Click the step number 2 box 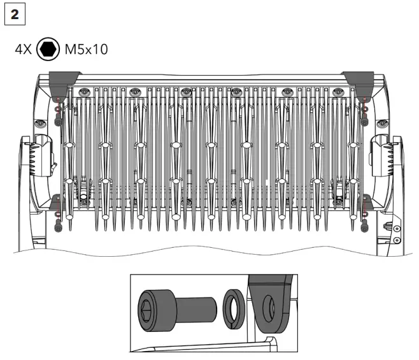pos(14,15)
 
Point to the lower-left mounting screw pos(58,224)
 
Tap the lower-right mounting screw pos(364,224)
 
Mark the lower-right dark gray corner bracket pos(364,204)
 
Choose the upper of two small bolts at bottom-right pos(396,228)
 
